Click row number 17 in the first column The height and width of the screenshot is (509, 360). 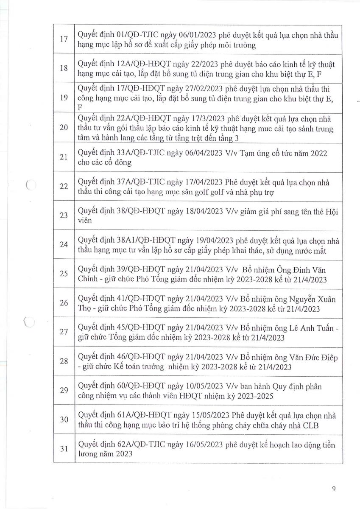point(64,39)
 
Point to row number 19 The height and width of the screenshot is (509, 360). point(64,98)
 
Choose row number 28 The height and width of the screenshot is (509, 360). point(64,361)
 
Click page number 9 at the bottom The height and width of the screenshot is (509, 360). point(334,489)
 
